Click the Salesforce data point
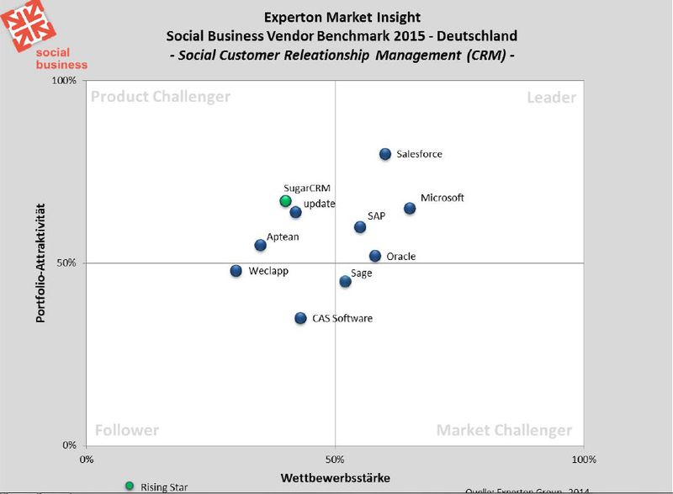pos(385,154)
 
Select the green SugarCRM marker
pos(285,201)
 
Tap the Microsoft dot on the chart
pos(410,208)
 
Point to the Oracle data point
pos(375,256)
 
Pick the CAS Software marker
pos(300,318)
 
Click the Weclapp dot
pos(236,271)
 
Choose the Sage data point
pos(345,281)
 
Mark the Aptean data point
pos(261,245)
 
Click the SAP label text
pos(376,216)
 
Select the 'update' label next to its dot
pos(320,204)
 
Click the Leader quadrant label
pos(551,98)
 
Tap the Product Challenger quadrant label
pos(160,97)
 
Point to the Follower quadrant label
pos(126,430)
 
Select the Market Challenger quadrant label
pos(504,430)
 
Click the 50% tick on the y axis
pos(66,263)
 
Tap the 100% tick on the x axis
pos(583,459)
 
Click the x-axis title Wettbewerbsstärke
pos(334,478)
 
